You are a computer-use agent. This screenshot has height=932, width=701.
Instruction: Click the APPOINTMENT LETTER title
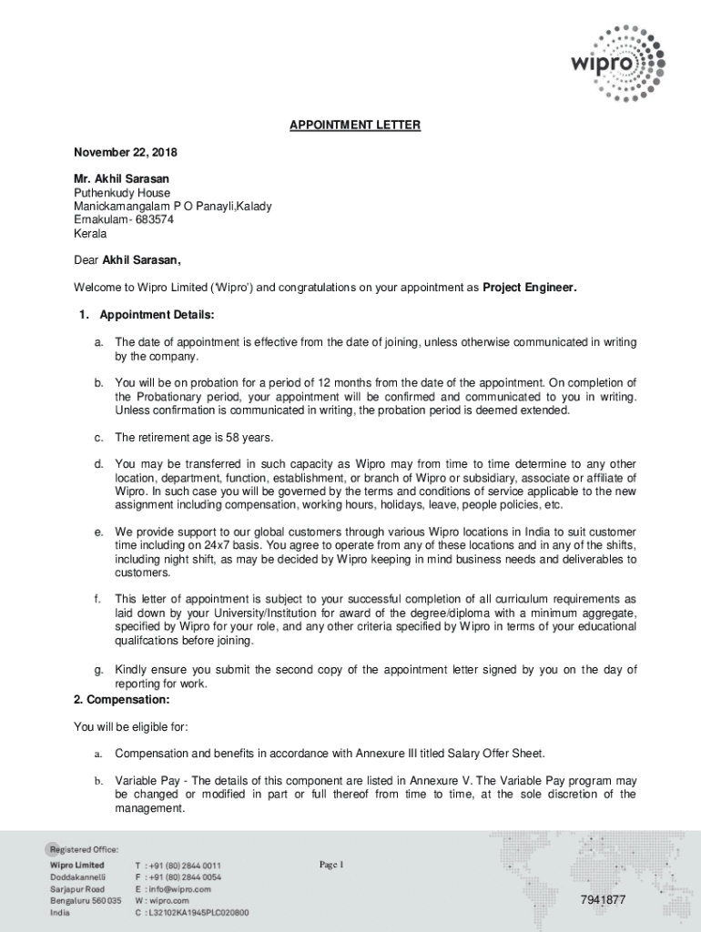[x=355, y=126]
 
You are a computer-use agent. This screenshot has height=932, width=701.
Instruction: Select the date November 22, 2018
[x=126, y=152]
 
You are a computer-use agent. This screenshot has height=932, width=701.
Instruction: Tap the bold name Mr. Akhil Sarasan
[x=121, y=179]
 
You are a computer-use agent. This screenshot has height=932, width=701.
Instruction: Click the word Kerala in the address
[x=90, y=234]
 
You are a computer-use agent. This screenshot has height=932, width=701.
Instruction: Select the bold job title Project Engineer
[x=529, y=288]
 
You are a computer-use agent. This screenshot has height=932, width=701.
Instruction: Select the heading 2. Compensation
[x=121, y=700]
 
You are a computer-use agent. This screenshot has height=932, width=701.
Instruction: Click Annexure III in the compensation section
[x=421, y=754]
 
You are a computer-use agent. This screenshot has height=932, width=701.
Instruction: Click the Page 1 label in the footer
[x=331, y=865]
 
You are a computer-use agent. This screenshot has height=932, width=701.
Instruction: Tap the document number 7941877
[x=603, y=900]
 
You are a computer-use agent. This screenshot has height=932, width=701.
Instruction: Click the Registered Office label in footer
[x=84, y=848]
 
